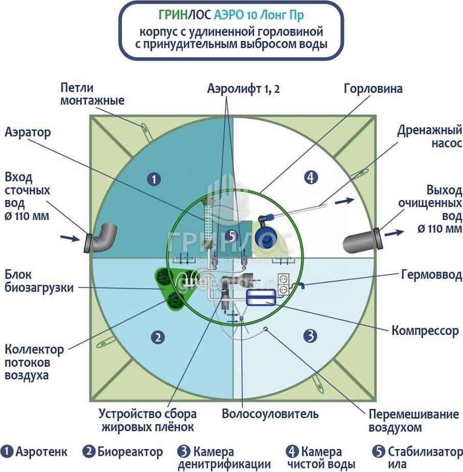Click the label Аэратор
[x=28, y=133]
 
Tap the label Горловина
[x=373, y=89]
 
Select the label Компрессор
[x=425, y=331]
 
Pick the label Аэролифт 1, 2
[x=243, y=88]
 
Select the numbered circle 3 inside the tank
[x=310, y=336]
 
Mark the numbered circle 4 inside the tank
[x=310, y=178]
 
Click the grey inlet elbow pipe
[x=102, y=238]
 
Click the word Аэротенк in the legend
[x=41, y=452]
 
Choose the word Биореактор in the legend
[x=130, y=452]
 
